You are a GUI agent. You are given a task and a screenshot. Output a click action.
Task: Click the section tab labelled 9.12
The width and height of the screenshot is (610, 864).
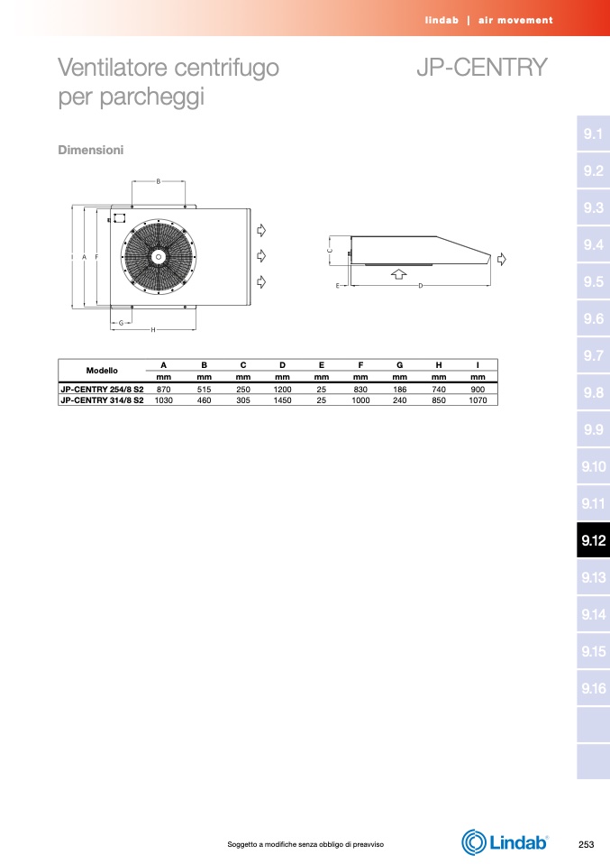593,540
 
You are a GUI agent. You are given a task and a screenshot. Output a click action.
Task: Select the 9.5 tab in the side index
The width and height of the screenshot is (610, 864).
593,281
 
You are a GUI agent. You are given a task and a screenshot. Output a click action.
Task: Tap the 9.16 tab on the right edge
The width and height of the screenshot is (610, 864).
593,688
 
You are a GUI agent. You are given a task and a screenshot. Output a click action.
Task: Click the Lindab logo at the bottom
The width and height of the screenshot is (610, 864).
505,842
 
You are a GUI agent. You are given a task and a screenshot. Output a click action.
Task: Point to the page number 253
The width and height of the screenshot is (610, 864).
587,844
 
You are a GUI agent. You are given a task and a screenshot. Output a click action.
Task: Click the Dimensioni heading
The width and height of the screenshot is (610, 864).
91,150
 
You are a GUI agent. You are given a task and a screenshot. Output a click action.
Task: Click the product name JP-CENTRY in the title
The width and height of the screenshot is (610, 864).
482,68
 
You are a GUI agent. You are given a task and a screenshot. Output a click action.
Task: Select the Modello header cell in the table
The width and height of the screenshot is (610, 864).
102,371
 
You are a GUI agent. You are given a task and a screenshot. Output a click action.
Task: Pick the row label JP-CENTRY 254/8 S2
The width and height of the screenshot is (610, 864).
102,389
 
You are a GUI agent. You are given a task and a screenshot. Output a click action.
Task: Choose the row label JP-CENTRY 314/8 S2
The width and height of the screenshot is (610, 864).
102,400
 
